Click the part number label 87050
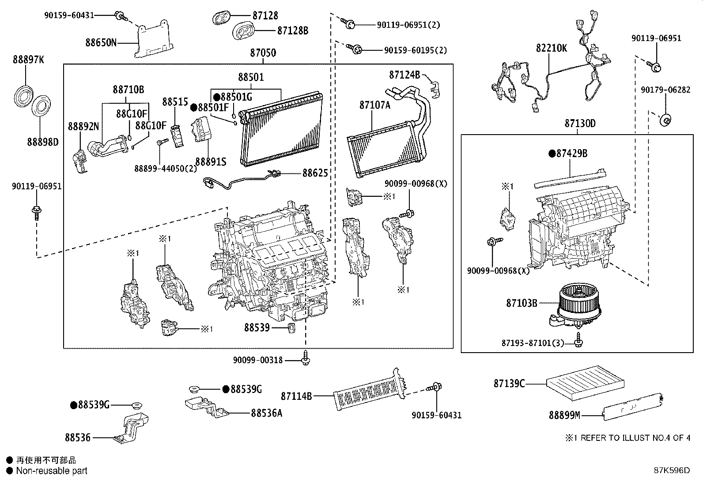coord(263,53)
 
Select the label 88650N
coord(101,43)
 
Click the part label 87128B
coord(292,30)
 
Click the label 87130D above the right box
coord(579,124)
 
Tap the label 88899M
coord(564,415)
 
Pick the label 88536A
coord(266,413)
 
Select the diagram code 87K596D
coord(671,470)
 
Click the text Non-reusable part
coord(52,471)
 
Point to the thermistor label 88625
coord(315,173)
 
